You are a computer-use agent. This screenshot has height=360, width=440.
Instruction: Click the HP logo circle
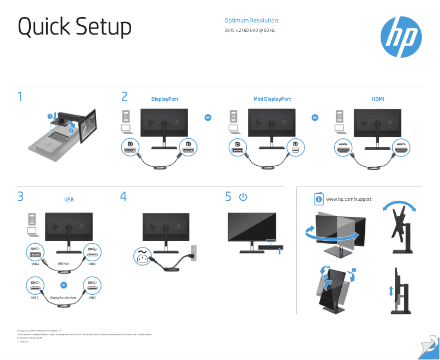tap(401, 37)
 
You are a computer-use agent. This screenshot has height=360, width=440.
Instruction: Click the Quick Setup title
tap(75, 27)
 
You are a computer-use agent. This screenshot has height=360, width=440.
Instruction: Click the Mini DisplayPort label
tap(272, 99)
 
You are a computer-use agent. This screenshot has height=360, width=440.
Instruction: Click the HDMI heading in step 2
tap(378, 99)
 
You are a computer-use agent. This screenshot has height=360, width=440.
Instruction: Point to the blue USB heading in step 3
tap(69, 200)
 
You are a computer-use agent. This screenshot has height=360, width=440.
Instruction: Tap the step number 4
tap(123, 196)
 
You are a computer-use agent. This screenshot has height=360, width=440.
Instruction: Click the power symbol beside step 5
tap(244, 196)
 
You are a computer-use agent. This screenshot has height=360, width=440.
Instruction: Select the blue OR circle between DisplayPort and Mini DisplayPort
tap(208, 117)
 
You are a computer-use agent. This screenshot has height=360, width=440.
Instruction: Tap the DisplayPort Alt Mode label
tap(63, 297)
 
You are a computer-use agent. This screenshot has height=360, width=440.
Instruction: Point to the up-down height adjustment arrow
tap(391, 291)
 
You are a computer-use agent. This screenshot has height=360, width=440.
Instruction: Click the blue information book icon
tap(319, 199)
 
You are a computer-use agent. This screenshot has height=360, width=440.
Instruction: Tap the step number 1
tap(20, 98)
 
